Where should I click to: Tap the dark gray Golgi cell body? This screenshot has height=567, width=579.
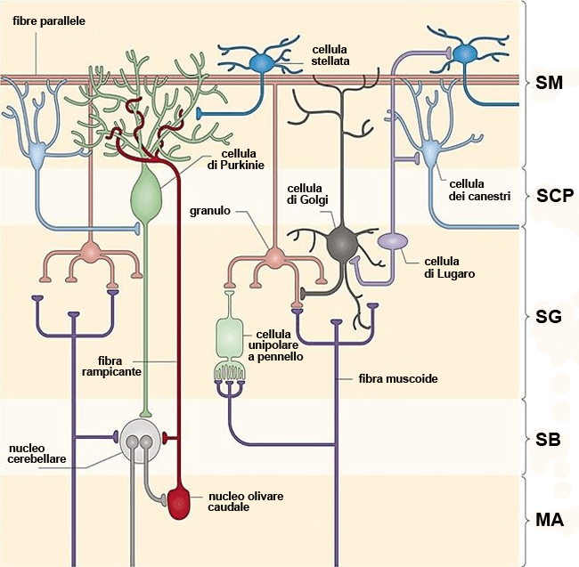coord(342,242)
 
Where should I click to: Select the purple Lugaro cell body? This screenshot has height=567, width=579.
coord(393,241)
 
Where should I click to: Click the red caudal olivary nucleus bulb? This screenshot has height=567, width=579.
coord(180,503)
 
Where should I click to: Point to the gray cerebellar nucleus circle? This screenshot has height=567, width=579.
coord(141,437)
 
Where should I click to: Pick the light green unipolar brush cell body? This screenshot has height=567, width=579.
coord(230,337)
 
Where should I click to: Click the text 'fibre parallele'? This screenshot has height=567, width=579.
coord(49,20)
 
